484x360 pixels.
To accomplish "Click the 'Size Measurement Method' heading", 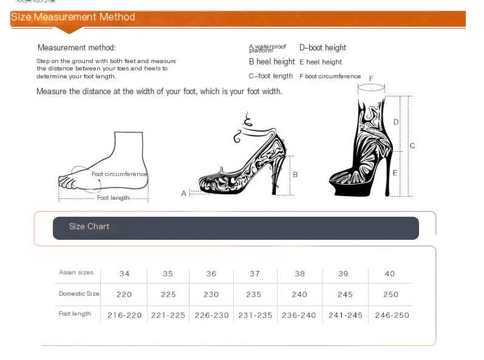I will [x=73, y=17].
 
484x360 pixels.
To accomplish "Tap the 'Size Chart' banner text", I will [x=89, y=226].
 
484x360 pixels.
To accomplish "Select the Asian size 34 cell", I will [x=124, y=274].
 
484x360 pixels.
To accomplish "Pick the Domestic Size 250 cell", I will [x=390, y=294].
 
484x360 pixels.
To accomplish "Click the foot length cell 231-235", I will [x=254, y=315].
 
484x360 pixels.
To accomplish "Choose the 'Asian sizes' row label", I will [x=76, y=273].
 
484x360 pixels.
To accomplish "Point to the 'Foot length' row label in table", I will [x=75, y=314].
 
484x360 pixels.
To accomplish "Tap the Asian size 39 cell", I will [x=343, y=274].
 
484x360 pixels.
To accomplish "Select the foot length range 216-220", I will [x=124, y=315].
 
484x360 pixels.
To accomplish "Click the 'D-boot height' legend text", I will [x=322, y=48].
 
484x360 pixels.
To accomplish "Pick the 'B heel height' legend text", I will [x=271, y=62].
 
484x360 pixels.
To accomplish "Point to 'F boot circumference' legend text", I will [x=330, y=76].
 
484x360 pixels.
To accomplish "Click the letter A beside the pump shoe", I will [x=184, y=193].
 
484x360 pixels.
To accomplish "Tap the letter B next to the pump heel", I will [x=295, y=174].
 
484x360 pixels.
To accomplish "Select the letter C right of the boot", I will [x=412, y=146].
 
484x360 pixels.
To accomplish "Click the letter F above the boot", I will [x=371, y=78].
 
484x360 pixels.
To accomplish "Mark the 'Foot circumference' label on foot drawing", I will [x=119, y=174].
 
